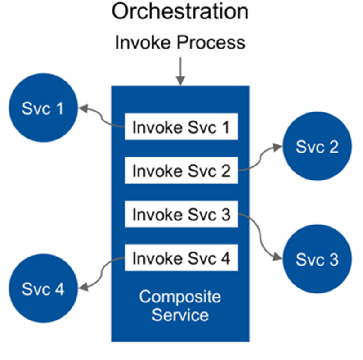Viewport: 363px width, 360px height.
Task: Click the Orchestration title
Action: (x=180, y=11)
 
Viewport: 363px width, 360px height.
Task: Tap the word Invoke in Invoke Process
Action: (x=143, y=42)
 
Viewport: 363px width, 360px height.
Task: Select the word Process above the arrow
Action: (x=211, y=42)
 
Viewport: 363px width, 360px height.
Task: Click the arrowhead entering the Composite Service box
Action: (x=180, y=81)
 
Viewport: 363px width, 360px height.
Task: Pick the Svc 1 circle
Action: (x=43, y=108)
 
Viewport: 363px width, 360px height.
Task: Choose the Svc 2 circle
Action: (x=318, y=146)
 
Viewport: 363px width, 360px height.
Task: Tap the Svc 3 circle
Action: (x=318, y=259)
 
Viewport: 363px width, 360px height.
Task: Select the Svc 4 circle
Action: (x=43, y=288)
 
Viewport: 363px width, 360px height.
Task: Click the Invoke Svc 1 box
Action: (x=181, y=127)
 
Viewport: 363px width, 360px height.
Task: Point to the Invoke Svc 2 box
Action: (x=181, y=170)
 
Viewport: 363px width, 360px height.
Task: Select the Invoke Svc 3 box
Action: (x=181, y=214)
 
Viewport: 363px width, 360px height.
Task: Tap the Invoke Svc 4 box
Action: (x=181, y=257)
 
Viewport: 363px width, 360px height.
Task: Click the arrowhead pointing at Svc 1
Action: (x=83, y=108)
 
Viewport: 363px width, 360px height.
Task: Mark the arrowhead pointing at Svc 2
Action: (x=278, y=147)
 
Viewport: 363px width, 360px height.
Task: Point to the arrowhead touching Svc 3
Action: (x=278, y=256)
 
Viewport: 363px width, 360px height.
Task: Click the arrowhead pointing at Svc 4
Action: (x=83, y=287)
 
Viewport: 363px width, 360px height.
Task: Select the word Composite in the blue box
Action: (x=180, y=297)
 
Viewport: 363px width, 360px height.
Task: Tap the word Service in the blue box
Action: (x=180, y=315)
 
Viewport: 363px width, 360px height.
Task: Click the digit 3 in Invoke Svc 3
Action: (x=226, y=215)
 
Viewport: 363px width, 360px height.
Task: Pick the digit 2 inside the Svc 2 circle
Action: (x=334, y=147)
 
